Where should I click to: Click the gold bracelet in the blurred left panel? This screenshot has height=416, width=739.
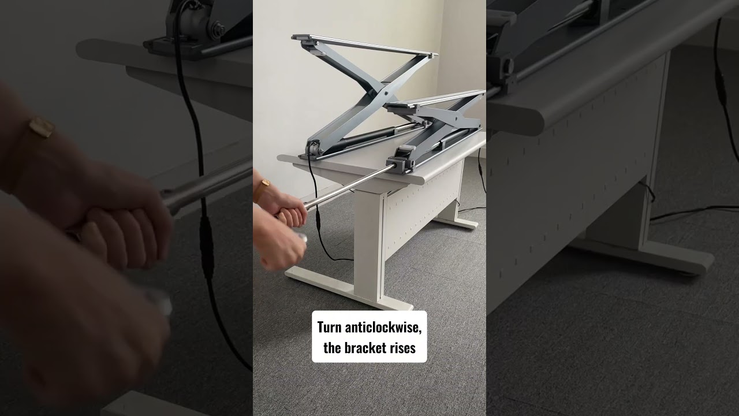click(42, 128)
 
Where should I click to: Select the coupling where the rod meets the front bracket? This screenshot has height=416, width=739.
click(398, 166)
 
